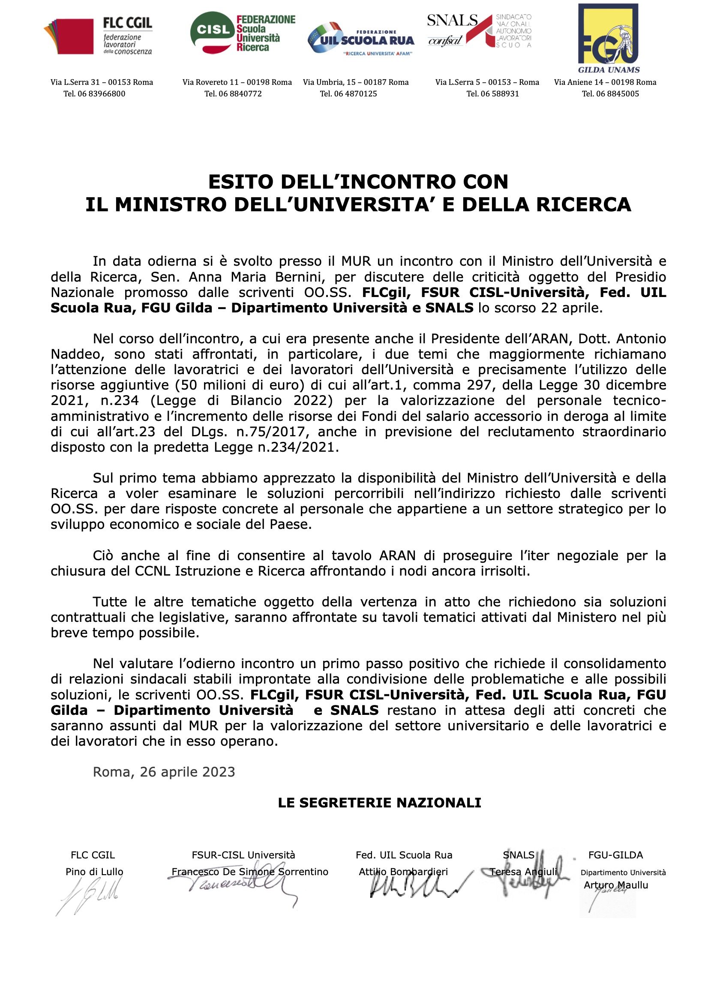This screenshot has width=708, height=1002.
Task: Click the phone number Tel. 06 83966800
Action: pyautogui.click(x=94, y=94)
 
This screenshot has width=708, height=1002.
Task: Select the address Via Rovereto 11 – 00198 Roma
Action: pyautogui.click(x=237, y=82)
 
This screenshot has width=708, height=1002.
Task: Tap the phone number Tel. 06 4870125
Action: pyautogui.click(x=348, y=94)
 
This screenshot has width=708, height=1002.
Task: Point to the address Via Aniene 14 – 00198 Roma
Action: pyautogui.click(x=605, y=82)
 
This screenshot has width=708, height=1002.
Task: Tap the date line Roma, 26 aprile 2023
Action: pyautogui.click(x=164, y=772)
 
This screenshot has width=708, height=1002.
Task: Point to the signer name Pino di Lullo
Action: pyautogui.click(x=94, y=872)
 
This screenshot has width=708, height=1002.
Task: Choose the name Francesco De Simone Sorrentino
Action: pyautogui.click(x=250, y=872)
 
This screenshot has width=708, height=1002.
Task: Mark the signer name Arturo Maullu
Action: pyautogui.click(x=616, y=885)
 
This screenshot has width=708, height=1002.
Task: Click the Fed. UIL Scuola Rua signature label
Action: pyautogui.click(x=404, y=855)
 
